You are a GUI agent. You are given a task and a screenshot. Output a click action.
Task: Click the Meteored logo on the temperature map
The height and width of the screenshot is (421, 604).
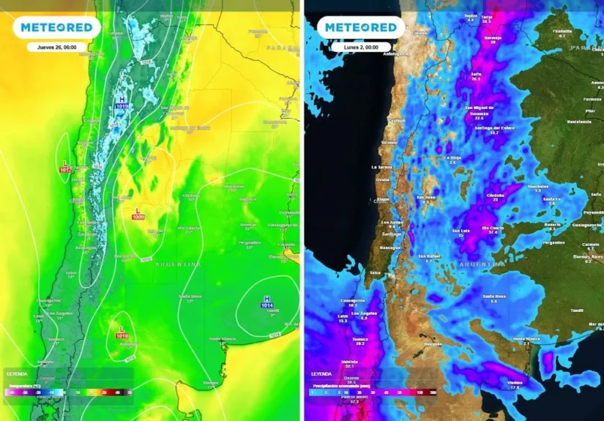coord(56,28)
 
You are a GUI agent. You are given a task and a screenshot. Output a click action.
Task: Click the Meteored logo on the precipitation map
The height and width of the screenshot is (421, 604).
coord(361,28)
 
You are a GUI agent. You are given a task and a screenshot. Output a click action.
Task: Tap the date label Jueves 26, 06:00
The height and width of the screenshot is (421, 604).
coord(56,47)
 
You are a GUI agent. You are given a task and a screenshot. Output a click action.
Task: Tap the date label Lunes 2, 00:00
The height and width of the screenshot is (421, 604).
coord(361,47)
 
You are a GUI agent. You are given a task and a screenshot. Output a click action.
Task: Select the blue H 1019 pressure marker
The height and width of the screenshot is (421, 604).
coord(122,103)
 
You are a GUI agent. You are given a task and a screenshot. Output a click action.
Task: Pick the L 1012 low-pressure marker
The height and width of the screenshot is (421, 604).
coord(65,166)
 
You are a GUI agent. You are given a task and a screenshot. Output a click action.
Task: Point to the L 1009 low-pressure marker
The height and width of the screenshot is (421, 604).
coord(138,214)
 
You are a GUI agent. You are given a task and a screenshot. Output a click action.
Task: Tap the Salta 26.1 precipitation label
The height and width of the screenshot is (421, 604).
coord(477,76)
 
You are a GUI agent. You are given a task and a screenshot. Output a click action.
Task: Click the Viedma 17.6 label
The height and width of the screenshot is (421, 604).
coord(514,384)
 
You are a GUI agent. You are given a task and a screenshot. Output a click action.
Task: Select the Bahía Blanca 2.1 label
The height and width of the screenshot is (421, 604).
coord(526,340)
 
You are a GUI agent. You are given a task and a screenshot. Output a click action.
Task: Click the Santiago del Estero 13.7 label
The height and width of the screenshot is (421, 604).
coord(494,130)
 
